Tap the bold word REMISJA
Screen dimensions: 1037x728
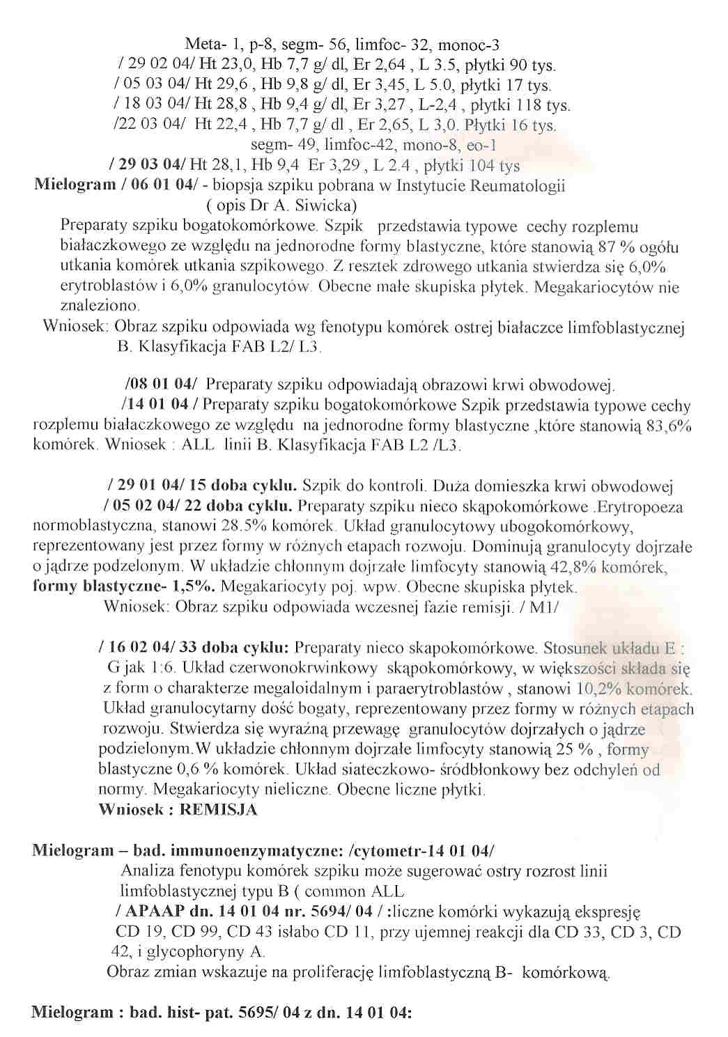pyautogui.click(x=219, y=810)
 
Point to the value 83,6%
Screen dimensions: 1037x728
pyautogui.click(x=669, y=426)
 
